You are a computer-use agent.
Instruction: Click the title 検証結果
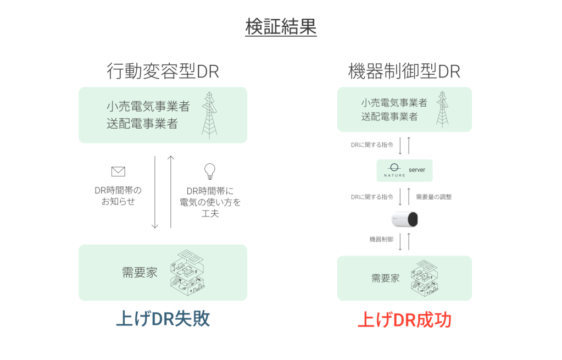(x=281, y=26)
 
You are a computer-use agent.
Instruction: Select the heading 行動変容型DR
(x=163, y=71)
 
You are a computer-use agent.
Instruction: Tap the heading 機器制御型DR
(x=404, y=71)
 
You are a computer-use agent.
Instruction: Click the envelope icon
(x=118, y=171)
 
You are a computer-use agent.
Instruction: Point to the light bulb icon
(x=210, y=171)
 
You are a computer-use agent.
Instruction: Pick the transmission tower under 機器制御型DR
(x=442, y=109)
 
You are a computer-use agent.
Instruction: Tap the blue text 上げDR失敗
(x=163, y=318)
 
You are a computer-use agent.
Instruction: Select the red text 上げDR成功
(x=405, y=320)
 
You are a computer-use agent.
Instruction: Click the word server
(x=417, y=170)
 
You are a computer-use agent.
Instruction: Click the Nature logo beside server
(x=394, y=170)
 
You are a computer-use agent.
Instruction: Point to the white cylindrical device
(x=405, y=219)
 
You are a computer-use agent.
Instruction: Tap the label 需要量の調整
(x=433, y=197)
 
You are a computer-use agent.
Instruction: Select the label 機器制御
(x=381, y=239)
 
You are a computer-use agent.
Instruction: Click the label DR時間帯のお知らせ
(x=118, y=196)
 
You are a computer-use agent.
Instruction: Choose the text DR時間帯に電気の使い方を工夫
(x=210, y=202)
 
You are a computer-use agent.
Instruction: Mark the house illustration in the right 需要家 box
(x=425, y=278)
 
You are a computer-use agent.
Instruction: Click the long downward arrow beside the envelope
(x=155, y=192)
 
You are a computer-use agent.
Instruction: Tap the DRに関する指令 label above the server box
(x=372, y=145)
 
